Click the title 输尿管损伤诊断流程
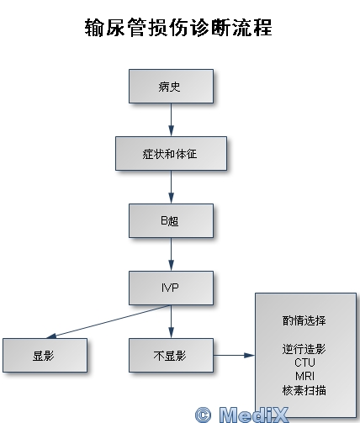tap(178, 28)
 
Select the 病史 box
tap(171, 87)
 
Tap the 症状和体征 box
tap(171, 153)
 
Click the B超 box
tap(171, 220)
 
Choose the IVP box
tap(171, 288)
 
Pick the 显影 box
tap(45, 355)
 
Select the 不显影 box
tap(171, 355)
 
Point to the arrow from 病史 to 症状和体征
tap(171, 119)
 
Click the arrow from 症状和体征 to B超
tap(171, 187)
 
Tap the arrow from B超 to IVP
tap(171, 254)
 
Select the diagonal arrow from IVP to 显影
tap(108, 321)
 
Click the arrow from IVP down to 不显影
tap(171, 321)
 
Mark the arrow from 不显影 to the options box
tap(234, 355)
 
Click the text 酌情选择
tap(304, 320)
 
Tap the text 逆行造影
tap(304, 349)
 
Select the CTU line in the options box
tap(304, 362)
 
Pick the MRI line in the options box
tap(304, 376)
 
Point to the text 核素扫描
tap(304, 390)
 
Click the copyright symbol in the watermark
tap(203, 415)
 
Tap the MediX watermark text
tap(253, 415)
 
